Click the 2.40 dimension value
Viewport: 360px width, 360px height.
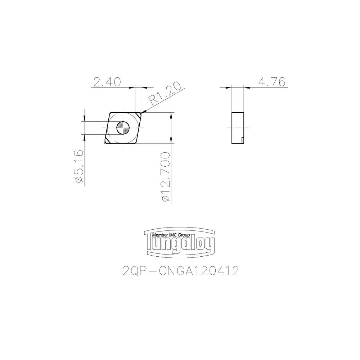coord(108,82)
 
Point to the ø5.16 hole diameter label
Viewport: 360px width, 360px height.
coord(79,167)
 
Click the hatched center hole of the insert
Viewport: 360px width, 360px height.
coord(123,127)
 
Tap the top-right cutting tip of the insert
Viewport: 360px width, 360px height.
coord(139,115)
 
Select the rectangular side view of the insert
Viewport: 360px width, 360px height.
coord(238,128)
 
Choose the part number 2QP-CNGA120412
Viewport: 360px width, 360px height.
coord(181,271)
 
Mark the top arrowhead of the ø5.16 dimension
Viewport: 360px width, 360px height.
coord(84,118)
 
